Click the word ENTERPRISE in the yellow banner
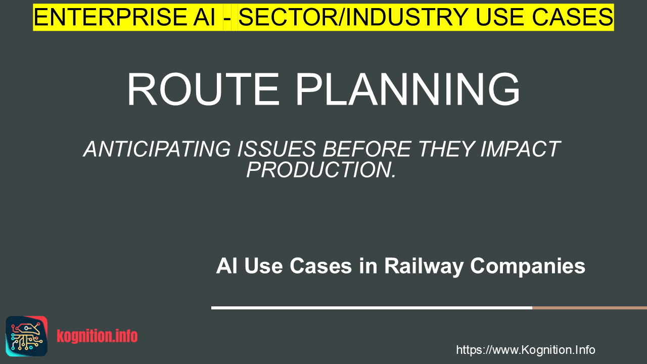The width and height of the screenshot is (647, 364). tap(110, 17)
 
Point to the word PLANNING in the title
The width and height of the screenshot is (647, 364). tap(407, 89)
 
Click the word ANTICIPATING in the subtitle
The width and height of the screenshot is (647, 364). tap(157, 149)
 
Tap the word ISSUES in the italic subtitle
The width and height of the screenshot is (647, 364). tap(276, 149)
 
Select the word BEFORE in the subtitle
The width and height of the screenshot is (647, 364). tap(367, 149)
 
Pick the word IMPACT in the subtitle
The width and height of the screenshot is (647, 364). tap(521, 149)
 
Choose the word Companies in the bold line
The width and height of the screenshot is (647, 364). tap(528, 266)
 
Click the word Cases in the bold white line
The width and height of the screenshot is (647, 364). tap(321, 266)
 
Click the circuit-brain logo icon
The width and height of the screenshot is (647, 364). tap(27, 336)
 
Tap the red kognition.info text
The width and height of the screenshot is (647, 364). tap(98, 336)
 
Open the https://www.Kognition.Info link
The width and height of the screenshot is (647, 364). tap(526, 350)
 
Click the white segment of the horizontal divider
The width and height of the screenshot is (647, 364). tap(372, 308)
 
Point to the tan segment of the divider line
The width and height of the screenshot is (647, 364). tap(589, 308)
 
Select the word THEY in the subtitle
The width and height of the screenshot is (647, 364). tap(446, 149)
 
